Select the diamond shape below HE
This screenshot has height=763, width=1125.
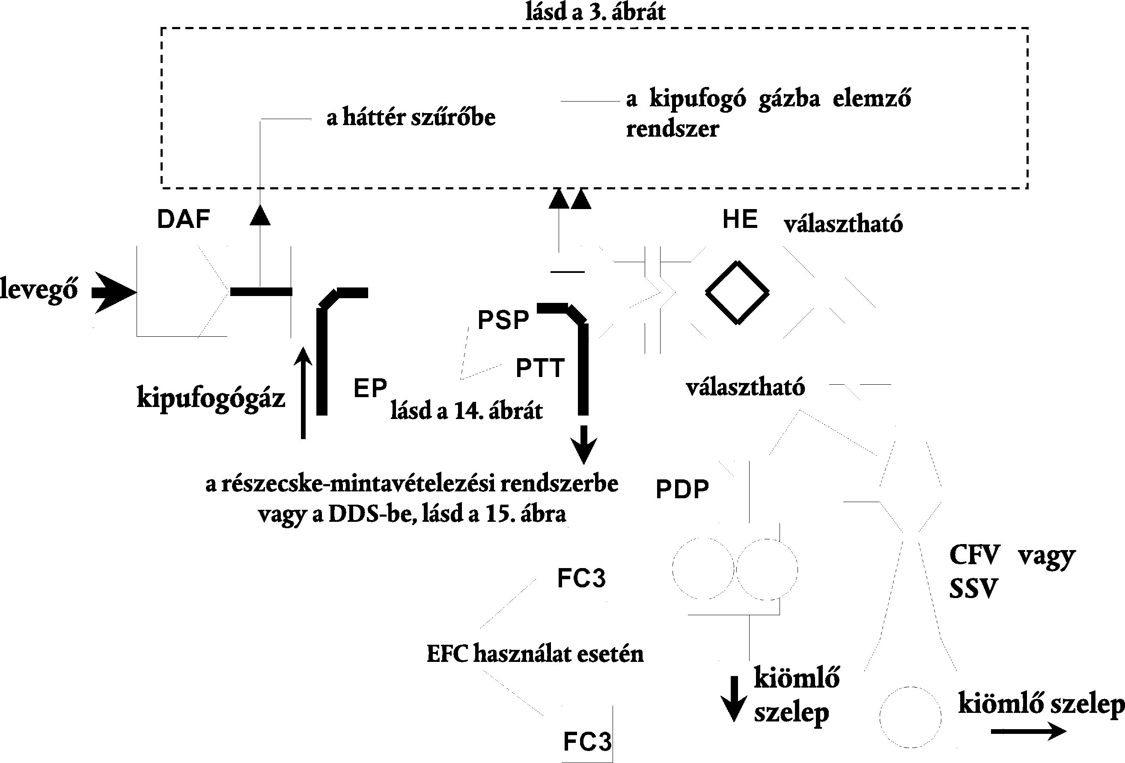pyautogui.click(x=737, y=293)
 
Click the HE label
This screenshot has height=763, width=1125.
pyautogui.click(x=740, y=219)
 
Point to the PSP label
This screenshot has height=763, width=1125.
pyautogui.click(x=503, y=320)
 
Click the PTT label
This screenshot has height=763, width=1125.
pyautogui.click(x=540, y=368)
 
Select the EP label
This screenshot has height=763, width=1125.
pyautogui.click(x=370, y=388)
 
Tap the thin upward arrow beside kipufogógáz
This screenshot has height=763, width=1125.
pyautogui.click(x=303, y=392)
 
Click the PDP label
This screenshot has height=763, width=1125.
pyautogui.click(x=682, y=489)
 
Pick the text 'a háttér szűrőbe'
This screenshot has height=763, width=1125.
pyautogui.click(x=411, y=118)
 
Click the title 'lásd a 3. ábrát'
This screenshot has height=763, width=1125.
pyautogui.click(x=595, y=12)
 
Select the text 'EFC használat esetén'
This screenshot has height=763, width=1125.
pyautogui.click(x=535, y=654)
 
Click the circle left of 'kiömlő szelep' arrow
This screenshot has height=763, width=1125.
pyautogui.click(x=910, y=717)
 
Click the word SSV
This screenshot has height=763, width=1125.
pyautogui.click(x=973, y=589)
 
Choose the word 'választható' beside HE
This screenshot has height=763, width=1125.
pyautogui.click(x=843, y=224)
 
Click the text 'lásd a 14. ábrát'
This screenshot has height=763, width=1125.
pyautogui.click(x=467, y=411)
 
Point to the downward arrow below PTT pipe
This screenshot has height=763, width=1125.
pyautogui.click(x=584, y=445)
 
